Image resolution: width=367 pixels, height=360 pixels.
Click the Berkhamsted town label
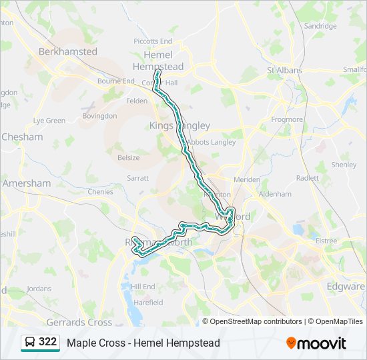coord(67,51)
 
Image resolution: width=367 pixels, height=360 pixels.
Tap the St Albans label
coord(284,70)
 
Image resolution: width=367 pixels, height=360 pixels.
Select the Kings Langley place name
coord(179,125)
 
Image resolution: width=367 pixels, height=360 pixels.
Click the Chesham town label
coord(22,137)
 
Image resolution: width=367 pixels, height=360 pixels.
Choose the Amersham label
coord(26,183)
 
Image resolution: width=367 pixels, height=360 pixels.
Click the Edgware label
coord(346,287)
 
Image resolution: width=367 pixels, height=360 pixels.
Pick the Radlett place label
coord(308,178)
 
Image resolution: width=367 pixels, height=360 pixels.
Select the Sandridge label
coord(320,26)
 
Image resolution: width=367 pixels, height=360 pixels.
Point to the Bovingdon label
coord(99,115)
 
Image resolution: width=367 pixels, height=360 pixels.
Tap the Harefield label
coord(148,302)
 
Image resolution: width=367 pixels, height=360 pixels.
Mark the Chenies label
coord(100,191)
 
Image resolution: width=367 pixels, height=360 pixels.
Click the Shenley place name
coord(344,164)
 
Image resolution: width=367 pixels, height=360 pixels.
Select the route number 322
coord(47,342)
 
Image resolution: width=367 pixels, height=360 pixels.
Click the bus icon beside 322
coord(30,343)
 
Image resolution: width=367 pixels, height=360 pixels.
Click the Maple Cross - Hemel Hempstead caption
coord(143,343)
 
